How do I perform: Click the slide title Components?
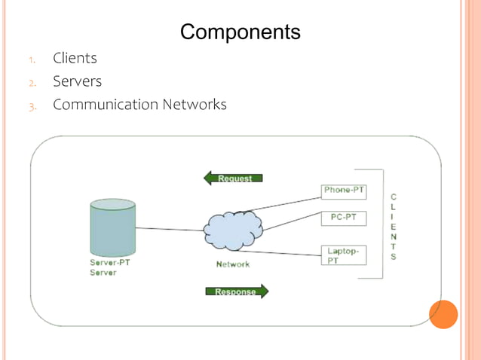point(240,32)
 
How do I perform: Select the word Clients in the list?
point(75,58)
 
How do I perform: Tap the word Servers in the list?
point(77,81)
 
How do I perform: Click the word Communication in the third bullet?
point(105,105)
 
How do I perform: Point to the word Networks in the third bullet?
point(195,105)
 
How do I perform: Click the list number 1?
point(32,59)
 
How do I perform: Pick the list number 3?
point(32,106)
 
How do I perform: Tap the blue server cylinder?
point(112,227)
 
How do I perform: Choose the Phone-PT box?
point(343,191)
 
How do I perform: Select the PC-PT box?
point(343,218)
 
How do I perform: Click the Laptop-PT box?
point(343,255)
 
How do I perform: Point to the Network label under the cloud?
point(232,264)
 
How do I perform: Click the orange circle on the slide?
point(443,315)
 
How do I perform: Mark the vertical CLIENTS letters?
point(393,227)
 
